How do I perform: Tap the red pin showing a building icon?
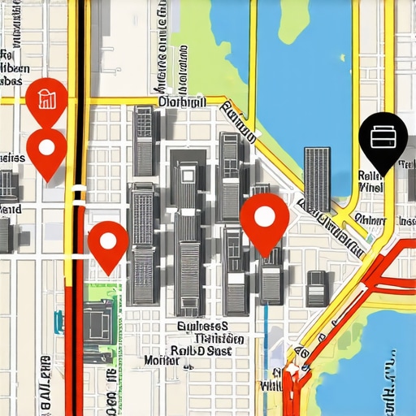(x=45, y=98)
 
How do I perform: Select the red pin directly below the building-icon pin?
(x=46, y=149)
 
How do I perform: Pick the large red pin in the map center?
(x=265, y=218)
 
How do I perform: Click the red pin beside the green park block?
(x=107, y=241)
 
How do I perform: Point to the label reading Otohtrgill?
(x=182, y=102)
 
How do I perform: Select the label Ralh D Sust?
(x=199, y=350)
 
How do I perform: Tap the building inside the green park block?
(x=97, y=320)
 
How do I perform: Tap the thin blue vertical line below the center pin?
(x=266, y=325)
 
